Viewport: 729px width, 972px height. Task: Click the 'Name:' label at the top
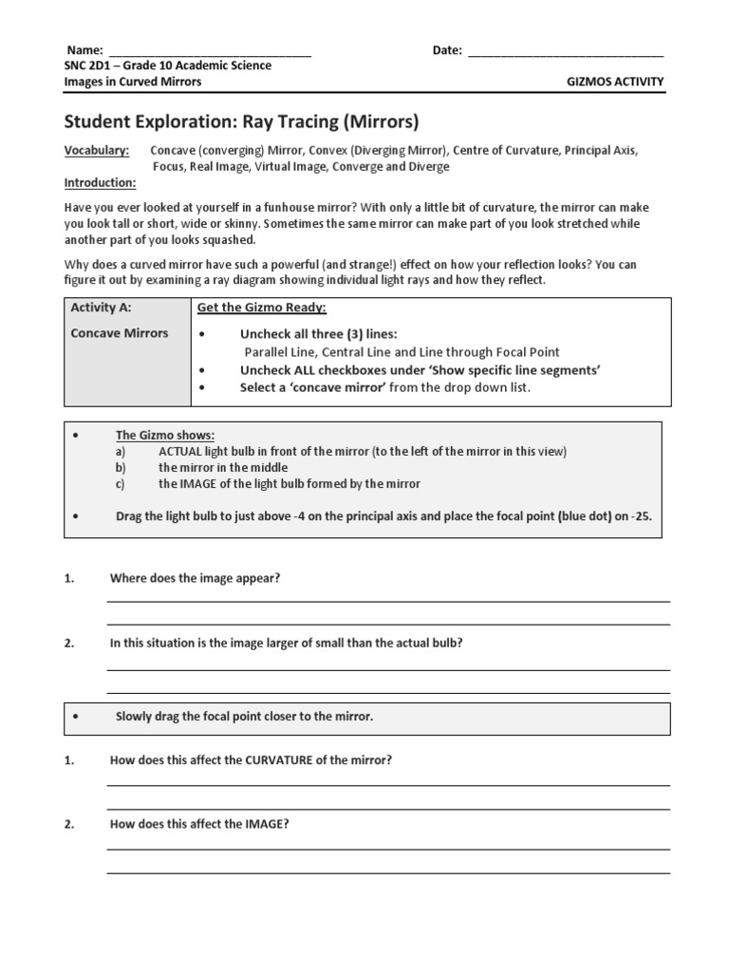point(84,50)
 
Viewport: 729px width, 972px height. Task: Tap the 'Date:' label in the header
point(447,50)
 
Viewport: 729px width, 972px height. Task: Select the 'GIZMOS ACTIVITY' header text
point(614,82)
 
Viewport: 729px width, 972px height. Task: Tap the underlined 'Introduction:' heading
point(100,182)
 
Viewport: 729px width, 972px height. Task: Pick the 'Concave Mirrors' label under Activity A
point(119,333)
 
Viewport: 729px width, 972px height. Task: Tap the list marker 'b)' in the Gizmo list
point(121,467)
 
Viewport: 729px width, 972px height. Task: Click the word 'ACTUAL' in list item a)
point(180,451)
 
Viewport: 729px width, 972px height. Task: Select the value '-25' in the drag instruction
point(641,517)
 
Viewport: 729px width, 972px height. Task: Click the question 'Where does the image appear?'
point(195,578)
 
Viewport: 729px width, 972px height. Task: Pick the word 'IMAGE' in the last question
point(265,824)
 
